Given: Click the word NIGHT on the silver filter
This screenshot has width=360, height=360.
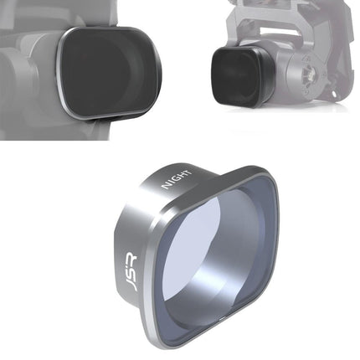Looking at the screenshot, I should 177,178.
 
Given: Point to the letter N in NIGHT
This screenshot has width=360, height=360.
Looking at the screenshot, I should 166,186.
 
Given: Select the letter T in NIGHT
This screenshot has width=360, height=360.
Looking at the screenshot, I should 188,172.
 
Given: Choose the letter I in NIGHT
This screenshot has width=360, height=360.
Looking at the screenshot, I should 171,183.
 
